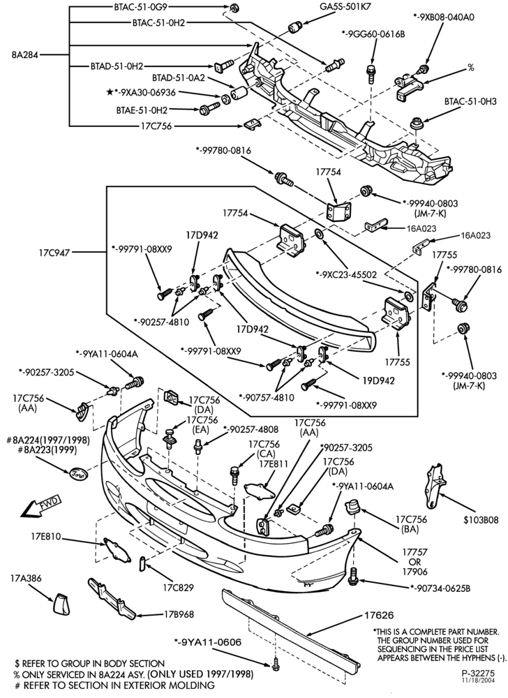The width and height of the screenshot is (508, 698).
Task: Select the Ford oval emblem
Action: tap(79, 474)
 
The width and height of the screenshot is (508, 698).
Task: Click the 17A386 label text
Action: tap(26, 578)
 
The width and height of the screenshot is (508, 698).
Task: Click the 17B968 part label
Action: tap(179, 614)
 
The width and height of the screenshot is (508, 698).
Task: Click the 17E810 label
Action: tap(45, 536)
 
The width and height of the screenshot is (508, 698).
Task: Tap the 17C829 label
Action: tap(179, 588)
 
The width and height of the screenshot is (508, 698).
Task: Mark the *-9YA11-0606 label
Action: tap(207, 642)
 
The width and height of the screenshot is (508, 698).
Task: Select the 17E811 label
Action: tap(275, 464)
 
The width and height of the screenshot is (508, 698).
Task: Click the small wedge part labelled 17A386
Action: tap(61, 603)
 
